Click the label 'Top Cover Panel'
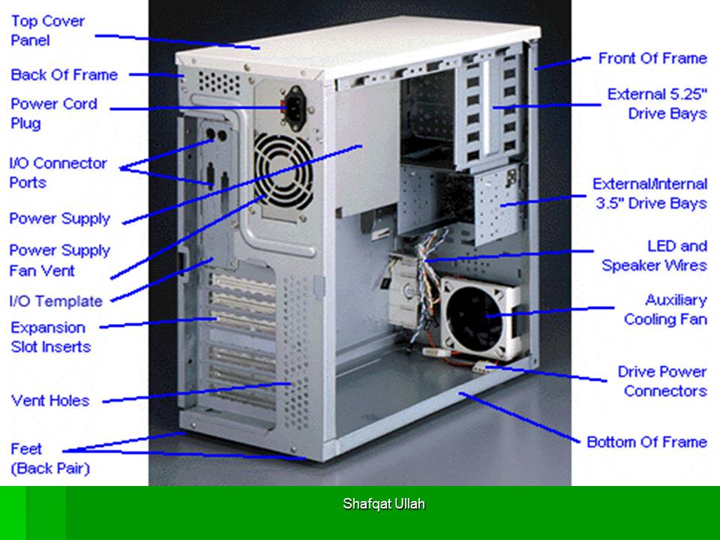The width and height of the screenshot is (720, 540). (48, 31)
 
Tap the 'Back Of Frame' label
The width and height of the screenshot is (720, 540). (64, 75)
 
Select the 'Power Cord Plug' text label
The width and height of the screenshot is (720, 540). (54, 113)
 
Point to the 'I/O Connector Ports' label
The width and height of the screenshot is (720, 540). (58, 172)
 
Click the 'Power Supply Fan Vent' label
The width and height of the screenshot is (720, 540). (60, 260)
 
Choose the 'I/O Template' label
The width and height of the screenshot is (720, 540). (56, 301)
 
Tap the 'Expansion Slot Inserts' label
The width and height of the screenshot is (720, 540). (50, 337)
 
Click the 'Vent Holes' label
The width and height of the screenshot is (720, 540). (50, 400)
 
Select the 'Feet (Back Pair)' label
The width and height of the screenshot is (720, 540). (50, 458)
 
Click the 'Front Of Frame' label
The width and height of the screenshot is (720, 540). (652, 58)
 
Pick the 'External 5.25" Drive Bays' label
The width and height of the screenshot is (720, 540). (657, 103)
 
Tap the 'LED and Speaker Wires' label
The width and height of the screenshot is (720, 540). (654, 256)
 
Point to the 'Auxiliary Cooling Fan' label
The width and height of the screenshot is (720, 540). (665, 310)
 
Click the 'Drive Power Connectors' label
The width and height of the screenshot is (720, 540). (662, 381)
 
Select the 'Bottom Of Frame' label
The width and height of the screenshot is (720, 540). (647, 442)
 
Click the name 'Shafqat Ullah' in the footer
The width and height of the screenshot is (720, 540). (384, 504)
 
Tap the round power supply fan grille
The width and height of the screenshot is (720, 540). (283, 171)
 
